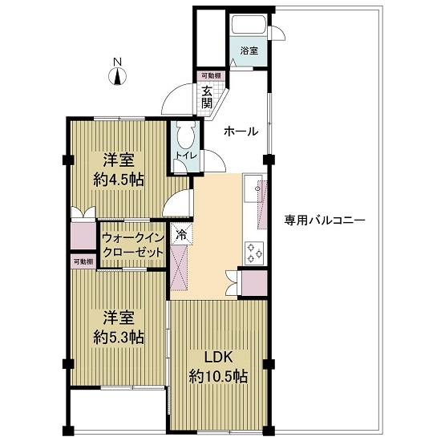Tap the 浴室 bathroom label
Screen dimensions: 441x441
[249, 51]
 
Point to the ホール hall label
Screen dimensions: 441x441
[240, 131]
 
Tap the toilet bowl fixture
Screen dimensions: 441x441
[181, 134]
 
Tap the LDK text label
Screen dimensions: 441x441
[217, 356]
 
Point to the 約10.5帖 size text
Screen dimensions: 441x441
[217, 375]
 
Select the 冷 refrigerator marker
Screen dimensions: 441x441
[181, 235]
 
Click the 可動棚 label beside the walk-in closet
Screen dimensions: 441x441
[83, 261]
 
